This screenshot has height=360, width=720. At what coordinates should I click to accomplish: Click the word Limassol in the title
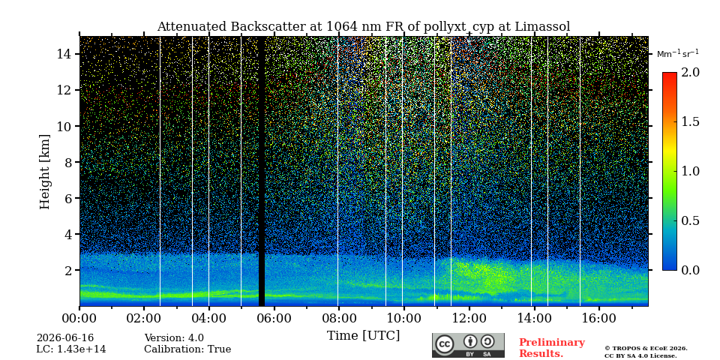point(542,27)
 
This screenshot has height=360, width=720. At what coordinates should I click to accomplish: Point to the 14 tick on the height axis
point(63,54)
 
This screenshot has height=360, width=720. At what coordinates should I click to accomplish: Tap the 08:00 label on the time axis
point(338,319)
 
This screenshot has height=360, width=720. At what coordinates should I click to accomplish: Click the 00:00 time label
point(80,319)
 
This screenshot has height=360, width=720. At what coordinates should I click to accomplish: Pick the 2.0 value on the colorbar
point(690,73)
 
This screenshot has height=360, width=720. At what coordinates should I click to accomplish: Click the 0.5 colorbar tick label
point(690,220)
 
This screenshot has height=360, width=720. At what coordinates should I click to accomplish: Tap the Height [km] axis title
point(44,172)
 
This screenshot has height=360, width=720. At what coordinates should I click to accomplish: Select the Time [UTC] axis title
point(363,336)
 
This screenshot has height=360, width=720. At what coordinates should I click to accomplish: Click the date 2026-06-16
point(65,338)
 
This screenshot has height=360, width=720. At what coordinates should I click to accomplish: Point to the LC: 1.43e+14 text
point(71,349)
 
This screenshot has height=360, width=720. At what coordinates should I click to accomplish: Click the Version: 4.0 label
point(174,338)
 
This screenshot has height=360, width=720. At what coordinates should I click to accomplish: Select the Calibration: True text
point(187,349)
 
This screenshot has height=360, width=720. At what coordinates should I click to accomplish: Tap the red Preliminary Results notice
point(552,348)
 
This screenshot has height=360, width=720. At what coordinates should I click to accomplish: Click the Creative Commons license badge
point(468,345)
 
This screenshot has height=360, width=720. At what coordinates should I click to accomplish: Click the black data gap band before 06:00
point(262,171)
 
